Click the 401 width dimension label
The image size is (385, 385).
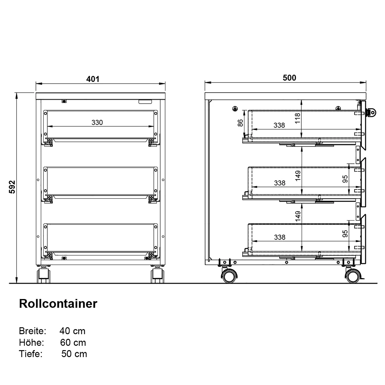(93, 79)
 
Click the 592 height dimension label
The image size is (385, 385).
(12, 187)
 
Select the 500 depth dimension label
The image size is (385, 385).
(289, 78)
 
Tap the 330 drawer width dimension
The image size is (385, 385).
(97, 122)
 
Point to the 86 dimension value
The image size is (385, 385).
(240, 123)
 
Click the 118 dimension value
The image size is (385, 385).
(297, 118)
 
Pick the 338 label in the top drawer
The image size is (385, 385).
(279, 125)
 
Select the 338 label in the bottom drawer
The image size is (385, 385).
(280, 237)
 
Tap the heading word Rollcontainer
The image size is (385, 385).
(58, 303)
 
